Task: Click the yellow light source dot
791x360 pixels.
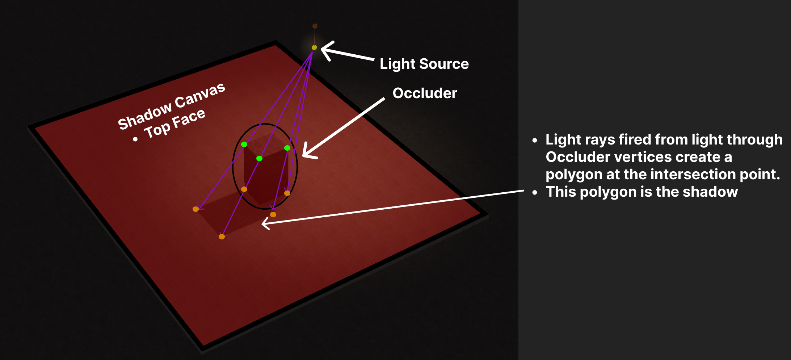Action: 314,47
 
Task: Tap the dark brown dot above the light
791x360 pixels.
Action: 315,26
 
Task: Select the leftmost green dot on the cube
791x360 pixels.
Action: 244,144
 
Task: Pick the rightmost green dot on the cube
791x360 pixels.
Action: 287,148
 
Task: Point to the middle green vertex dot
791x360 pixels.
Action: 259,158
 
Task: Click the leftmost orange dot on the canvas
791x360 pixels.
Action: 195,209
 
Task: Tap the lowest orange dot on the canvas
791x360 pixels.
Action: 222,236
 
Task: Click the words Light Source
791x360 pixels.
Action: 424,64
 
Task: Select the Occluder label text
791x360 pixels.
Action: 425,93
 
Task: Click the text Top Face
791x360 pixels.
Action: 175,124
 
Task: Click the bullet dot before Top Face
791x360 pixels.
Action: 135,139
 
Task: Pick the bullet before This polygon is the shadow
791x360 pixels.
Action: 535,193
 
